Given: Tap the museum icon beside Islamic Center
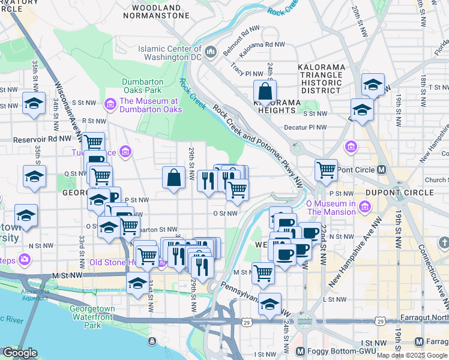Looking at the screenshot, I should pyautogui.click(x=211, y=53).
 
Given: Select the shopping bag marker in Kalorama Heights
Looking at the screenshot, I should pyautogui.click(x=265, y=92).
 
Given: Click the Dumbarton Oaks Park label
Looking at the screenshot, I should pyautogui.click(x=143, y=86).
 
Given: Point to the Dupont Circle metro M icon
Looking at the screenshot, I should pyautogui.click(x=381, y=170).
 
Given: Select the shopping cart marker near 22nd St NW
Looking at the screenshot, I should pyautogui.click(x=326, y=170).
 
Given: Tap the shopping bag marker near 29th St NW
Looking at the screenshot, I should pyautogui.click(x=173, y=178).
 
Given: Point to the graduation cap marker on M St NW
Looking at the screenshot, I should pyautogui.click(x=137, y=283).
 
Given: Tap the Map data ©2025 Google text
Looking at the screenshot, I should pyautogui.click(x=411, y=355).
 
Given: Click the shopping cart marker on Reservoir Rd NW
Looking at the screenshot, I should pyautogui.click(x=93, y=143).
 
